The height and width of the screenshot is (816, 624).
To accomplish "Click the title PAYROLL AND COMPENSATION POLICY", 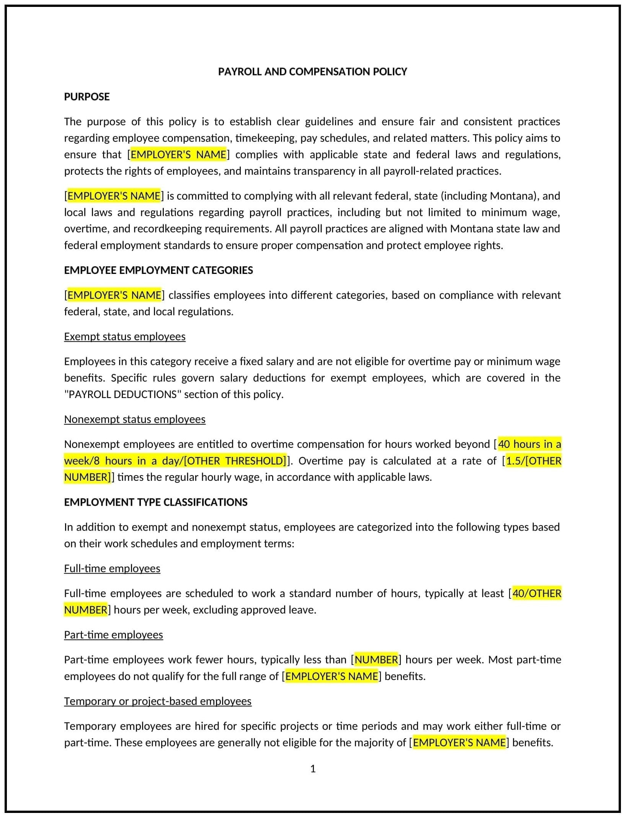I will pyautogui.click(x=312, y=72).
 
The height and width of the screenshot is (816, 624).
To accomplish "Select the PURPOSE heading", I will pyautogui.click(x=87, y=97).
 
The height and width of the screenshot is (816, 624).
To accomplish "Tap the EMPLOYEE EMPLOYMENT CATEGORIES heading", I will pyautogui.click(x=158, y=270).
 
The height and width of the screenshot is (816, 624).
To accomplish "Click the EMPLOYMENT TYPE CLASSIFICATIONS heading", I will pyautogui.click(x=156, y=502).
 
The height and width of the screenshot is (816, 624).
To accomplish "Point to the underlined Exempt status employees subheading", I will pyautogui.click(x=125, y=336).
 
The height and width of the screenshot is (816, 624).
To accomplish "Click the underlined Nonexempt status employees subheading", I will pyautogui.click(x=135, y=419).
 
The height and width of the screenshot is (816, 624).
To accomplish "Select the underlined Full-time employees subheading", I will pyautogui.click(x=112, y=568).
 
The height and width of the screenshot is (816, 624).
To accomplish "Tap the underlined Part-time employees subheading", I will pyautogui.click(x=114, y=634).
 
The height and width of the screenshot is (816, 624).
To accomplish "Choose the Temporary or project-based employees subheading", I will pyautogui.click(x=158, y=701).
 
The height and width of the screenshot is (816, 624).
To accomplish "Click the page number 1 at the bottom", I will pyautogui.click(x=313, y=768).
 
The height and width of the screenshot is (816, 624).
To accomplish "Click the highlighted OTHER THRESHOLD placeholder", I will pyautogui.click(x=235, y=460).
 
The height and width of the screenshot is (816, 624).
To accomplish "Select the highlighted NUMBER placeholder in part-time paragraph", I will pyautogui.click(x=376, y=659).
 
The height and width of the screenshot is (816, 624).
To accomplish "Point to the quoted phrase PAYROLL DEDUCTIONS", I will pyautogui.click(x=123, y=394).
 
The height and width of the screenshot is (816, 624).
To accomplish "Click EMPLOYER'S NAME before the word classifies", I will pyautogui.click(x=114, y=295).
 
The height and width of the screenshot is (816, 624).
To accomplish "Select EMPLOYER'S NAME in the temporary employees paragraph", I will pyautogui.click(x=459, y=742).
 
